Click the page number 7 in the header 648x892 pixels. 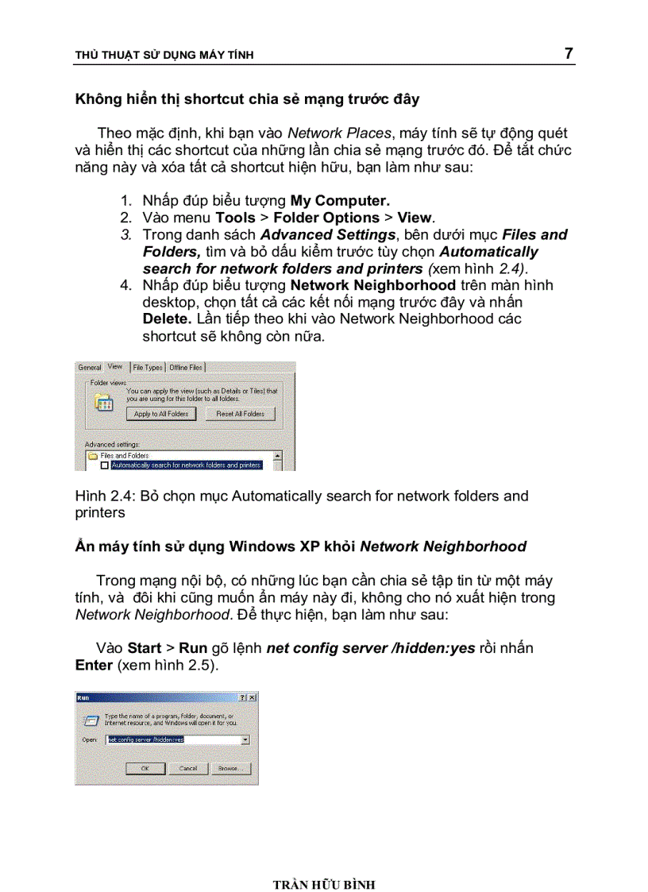point(568,53)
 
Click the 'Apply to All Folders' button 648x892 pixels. point(161,414)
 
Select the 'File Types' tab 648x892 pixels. point(148,367)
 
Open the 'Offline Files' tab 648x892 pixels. point(186,367)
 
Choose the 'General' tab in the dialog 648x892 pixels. point(90,367)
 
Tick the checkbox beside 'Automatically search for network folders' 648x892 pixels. point(104,465)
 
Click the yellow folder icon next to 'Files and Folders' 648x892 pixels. point(93,456)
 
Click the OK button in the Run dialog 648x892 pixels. point(145,768)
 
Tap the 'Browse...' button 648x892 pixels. point(229,768)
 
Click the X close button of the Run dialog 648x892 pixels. point(252,697)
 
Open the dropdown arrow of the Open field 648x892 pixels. point(245,739)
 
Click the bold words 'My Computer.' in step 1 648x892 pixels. point(340,200)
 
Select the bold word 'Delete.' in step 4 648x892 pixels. point(167,319)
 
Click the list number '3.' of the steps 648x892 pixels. point(125,234)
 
